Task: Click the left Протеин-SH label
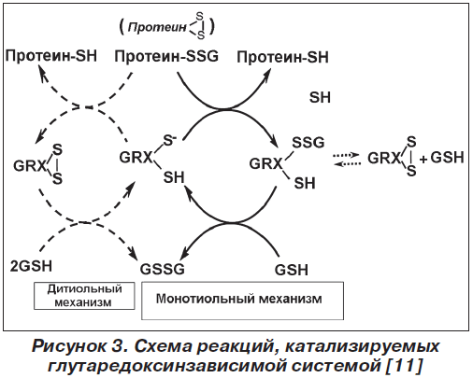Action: [51, 56]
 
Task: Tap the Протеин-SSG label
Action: [166, 57]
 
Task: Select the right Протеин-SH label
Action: [282, 57]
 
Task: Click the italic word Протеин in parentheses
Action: [157, 27]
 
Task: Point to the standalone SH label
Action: [320, 97]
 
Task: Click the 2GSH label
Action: [31, 266]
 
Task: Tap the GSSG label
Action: [162, 269]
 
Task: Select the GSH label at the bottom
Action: [292, 270]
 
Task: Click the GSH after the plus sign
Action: [447, 158]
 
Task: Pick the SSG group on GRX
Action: [308, 143]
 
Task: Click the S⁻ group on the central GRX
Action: [170, 141]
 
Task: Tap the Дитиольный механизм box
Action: [84, 296]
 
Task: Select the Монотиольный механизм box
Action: [242, 301]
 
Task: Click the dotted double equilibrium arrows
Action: [347, 159]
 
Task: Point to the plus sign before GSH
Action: [423, 160]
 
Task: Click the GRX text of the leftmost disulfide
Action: [29, 166]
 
